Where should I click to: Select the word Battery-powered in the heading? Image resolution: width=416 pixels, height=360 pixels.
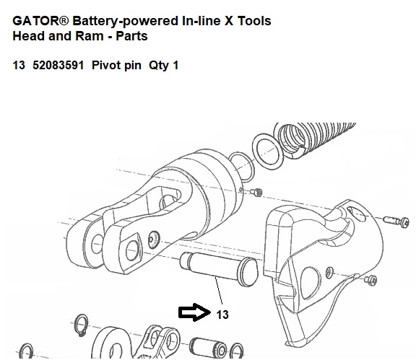(126, 21)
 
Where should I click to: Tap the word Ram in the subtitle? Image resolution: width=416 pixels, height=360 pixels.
(89, 36)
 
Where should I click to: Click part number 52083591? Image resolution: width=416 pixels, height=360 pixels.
(58, 65)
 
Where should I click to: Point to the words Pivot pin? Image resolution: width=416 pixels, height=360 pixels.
(116, 65)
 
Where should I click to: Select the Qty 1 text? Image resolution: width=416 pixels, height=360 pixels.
(163, 65)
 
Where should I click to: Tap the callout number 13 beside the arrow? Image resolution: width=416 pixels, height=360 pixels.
(222, 315)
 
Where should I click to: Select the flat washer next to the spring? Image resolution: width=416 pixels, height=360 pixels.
(268, 152)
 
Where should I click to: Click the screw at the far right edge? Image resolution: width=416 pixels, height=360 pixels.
(396, 221)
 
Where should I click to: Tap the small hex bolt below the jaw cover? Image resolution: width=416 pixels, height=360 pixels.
(370, 280)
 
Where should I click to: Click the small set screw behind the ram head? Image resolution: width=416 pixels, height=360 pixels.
(256, 192)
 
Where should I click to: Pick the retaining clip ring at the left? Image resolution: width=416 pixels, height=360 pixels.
(81, 325)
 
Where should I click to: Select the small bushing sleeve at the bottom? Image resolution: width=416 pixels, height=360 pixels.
(208, 348)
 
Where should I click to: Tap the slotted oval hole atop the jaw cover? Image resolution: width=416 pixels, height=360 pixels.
(356, 213)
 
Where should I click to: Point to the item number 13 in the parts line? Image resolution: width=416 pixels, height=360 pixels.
(19, 65)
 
